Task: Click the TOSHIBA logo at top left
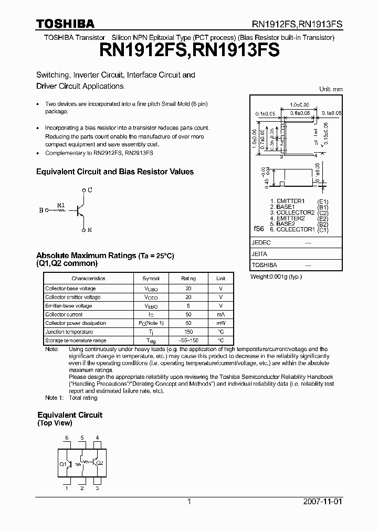tap(65, 24)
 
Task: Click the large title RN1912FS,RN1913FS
tap(188, 51)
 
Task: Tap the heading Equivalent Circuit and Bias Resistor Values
tap(114, 172)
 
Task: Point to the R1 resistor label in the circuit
tap(61, 205)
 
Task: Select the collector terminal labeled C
tap(90, 190)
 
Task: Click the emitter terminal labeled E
tap(90, 230)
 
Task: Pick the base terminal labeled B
tap(41, 210)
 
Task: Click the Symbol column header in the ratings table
tap(151, 279)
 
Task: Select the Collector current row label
tap(64, 314)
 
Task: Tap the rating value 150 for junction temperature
tap(189, 332)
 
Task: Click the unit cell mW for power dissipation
tap(221, 323)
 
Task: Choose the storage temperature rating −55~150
tap(189, 341)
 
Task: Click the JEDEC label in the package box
tap(261, 243)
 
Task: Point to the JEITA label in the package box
tap(260, 254)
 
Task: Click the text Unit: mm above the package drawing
tap(331, 89)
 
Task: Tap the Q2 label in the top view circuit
tap(100, 463)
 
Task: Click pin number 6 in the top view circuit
tap(67, 438)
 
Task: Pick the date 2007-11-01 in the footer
tap(325, 502)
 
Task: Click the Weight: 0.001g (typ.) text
tap(276, 276)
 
